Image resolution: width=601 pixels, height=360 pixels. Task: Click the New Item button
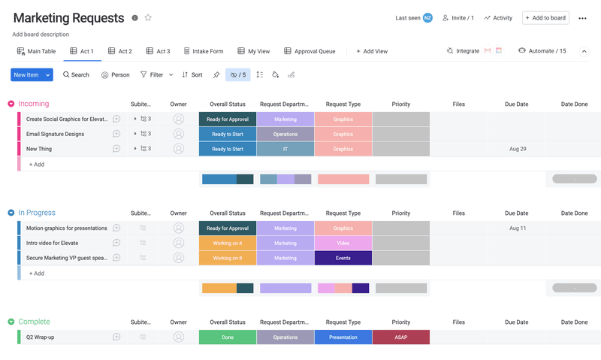tap(26, 75)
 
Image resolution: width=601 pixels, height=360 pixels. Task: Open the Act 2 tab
tap(120, 51)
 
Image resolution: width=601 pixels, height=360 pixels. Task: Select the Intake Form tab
tap(204, 51)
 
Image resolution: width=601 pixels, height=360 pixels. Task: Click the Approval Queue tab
tap(310, 51)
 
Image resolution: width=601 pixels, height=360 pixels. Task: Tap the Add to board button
tap(545, 18)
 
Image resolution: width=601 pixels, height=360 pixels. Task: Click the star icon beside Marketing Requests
tap(148, 18)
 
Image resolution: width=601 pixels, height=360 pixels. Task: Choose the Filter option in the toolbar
tap(152, 75)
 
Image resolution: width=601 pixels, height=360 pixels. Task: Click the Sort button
tap(192, 75)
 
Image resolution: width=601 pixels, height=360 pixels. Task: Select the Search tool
tap(76, 75)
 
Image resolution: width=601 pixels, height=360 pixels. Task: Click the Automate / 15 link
tap(542, 51)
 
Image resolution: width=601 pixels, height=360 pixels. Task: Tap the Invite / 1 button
tap(458, 18)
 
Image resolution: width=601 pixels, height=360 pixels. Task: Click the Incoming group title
tap(34, 104)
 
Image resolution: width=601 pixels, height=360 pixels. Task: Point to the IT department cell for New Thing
tap(285, 149)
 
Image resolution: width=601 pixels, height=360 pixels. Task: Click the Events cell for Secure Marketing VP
tap(343, 258)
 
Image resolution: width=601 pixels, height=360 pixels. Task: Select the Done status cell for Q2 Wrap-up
tap(228, 337)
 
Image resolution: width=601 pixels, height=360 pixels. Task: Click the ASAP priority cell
tap(401, 337)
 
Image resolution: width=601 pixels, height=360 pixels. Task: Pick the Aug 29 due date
tap(517, 149)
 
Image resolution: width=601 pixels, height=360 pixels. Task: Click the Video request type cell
tap(343, 243)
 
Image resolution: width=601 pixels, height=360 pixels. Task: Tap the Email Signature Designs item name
tap(55, 134)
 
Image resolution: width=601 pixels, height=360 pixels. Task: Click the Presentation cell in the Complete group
tap(343, 337)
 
